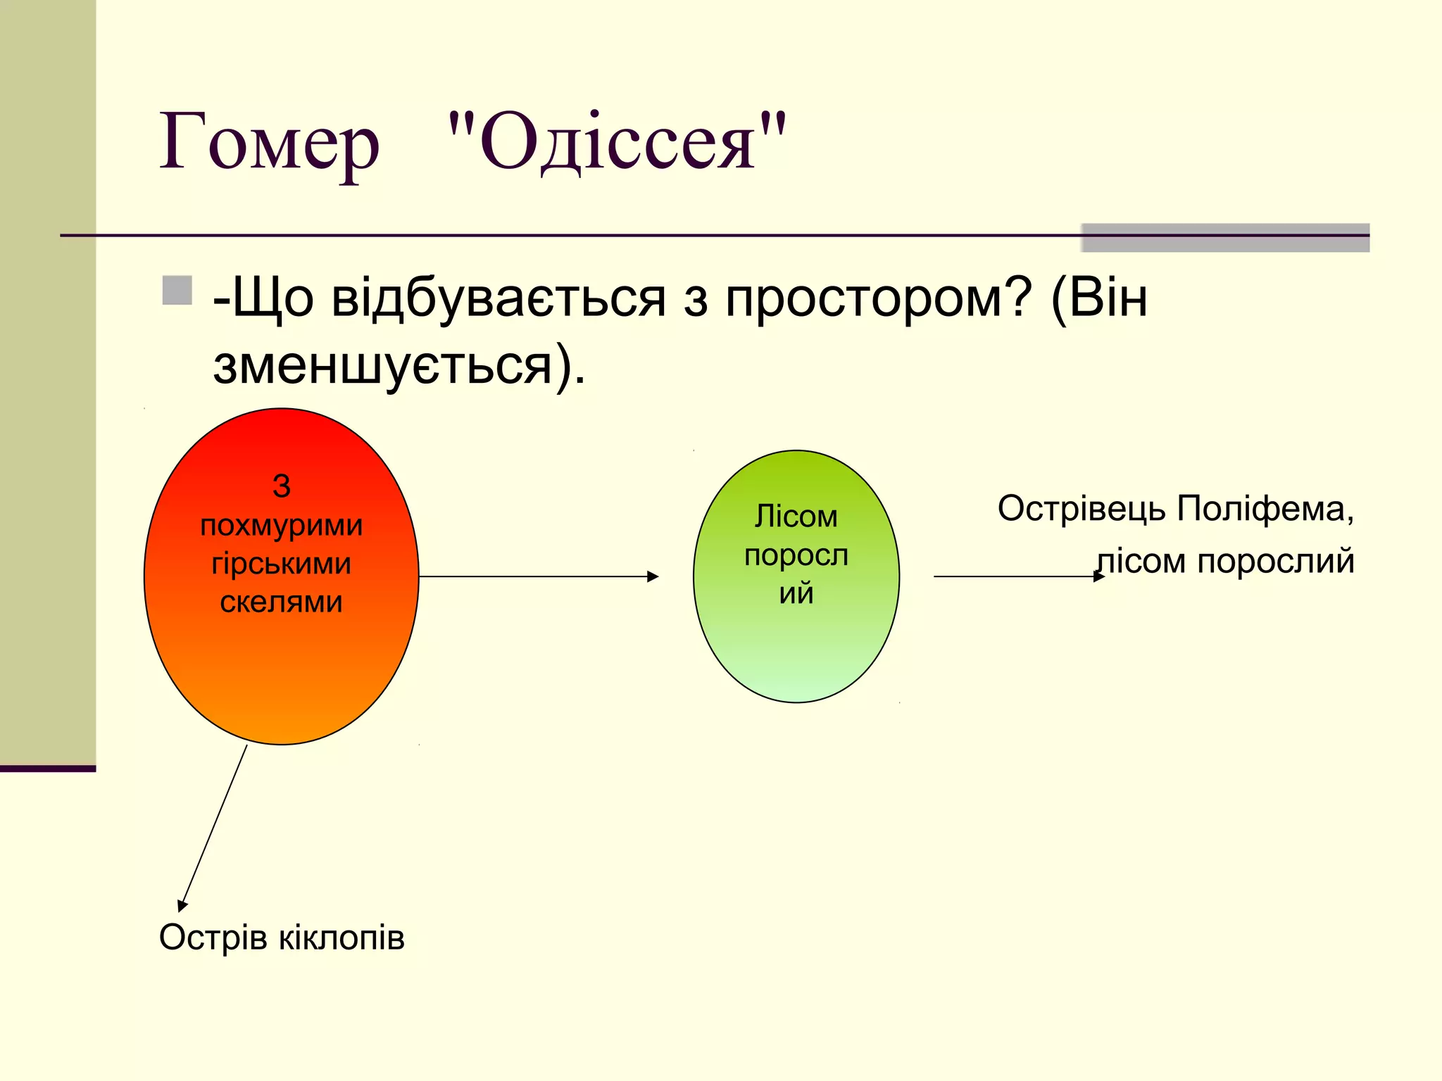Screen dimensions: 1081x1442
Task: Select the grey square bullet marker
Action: point(177,291)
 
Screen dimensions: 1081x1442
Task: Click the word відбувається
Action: point(499,298)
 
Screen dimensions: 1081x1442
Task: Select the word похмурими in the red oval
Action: point(281,526)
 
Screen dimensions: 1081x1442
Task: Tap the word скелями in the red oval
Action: point(281,602)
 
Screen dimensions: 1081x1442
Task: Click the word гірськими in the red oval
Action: point(281,564)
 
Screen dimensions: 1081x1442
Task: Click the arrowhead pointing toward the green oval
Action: point(653,576)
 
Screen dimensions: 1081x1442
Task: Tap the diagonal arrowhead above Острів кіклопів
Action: point(182,905)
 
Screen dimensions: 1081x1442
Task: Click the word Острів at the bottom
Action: point(214,938)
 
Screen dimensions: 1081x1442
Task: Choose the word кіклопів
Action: point(342,938)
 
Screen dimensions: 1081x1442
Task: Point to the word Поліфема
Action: point(1265,509)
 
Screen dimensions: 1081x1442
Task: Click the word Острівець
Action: point(1081,509)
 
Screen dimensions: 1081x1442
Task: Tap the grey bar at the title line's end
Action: point(1225,238)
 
